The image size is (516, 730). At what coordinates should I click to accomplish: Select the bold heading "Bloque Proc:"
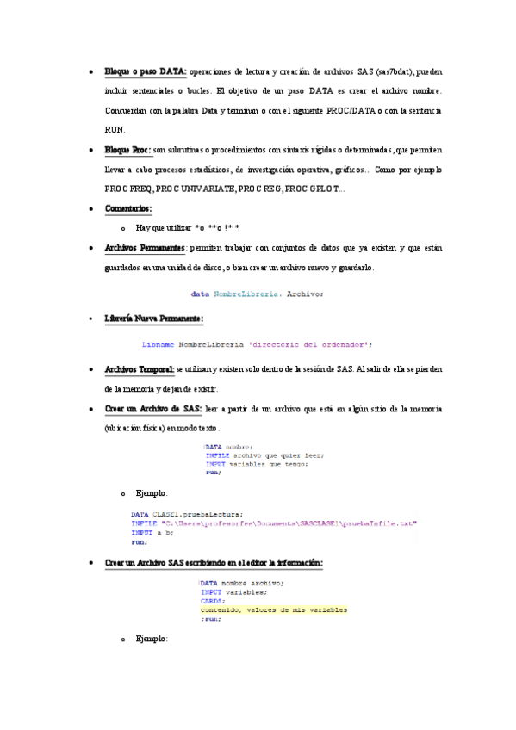(x=127, y=150)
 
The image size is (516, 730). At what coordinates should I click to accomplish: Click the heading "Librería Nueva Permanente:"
(x=153, y=319)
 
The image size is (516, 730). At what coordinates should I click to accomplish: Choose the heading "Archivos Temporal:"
(x=140, y=368)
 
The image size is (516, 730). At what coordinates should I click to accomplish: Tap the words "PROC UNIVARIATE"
(x=197, y=189)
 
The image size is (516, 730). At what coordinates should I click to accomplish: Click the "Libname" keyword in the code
(x=158, y=344)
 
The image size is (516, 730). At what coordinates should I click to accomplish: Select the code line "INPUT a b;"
(x=148, y=533)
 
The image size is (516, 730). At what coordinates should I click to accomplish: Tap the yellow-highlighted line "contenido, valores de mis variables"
(x=274, y=609)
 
